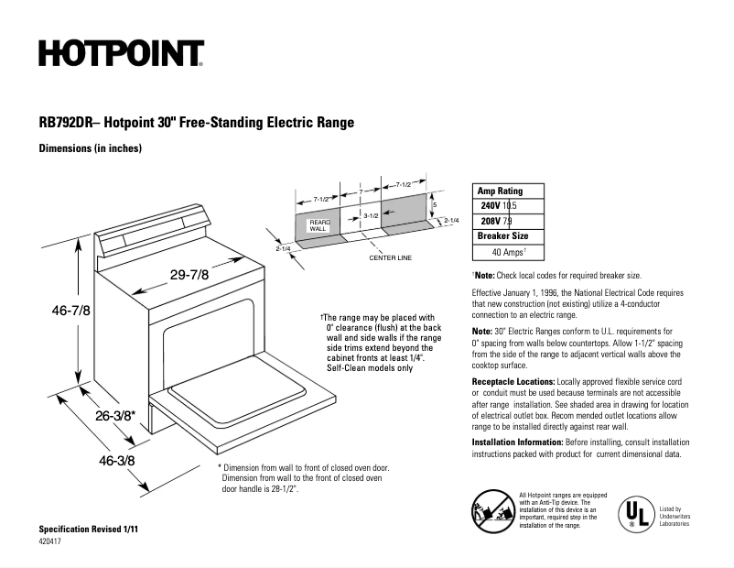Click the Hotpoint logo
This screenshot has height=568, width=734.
pos(121,54)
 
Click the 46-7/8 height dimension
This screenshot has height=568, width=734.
pos(70,310)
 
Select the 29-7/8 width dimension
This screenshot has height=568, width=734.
pos(189,274)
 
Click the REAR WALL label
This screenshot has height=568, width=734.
pos(318,225)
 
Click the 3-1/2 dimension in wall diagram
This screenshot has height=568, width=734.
pos(371,215)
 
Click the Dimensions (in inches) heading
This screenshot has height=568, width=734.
pos(90,147)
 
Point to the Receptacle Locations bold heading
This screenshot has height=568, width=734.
pos(513,380)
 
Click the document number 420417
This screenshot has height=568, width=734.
pos(52,542)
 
